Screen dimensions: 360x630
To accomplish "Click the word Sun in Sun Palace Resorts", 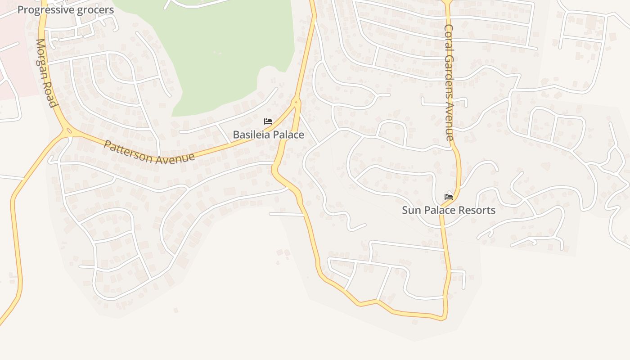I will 410,210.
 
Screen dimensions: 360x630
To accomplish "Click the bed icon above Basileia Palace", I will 268,121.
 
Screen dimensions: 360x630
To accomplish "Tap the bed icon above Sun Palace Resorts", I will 449,197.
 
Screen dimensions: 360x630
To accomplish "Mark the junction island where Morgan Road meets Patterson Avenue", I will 69,131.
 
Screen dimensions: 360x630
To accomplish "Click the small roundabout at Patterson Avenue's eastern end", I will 296,103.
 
